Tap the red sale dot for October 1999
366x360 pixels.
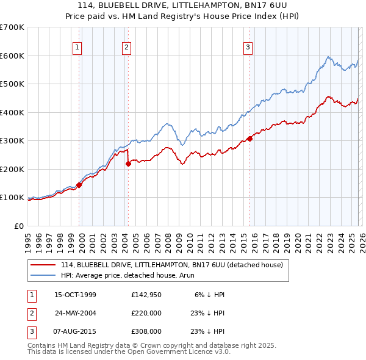pos(79,185)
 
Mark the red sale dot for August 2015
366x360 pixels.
pos(249,139)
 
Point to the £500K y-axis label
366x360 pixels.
pos(12,84)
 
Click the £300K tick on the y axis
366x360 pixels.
pos(12,140)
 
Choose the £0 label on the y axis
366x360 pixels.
pos(18,226)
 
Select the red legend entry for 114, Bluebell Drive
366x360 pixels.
pos(171,265)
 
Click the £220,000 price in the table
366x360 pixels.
pos(146,313)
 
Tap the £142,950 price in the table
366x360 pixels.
pos(146,295)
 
